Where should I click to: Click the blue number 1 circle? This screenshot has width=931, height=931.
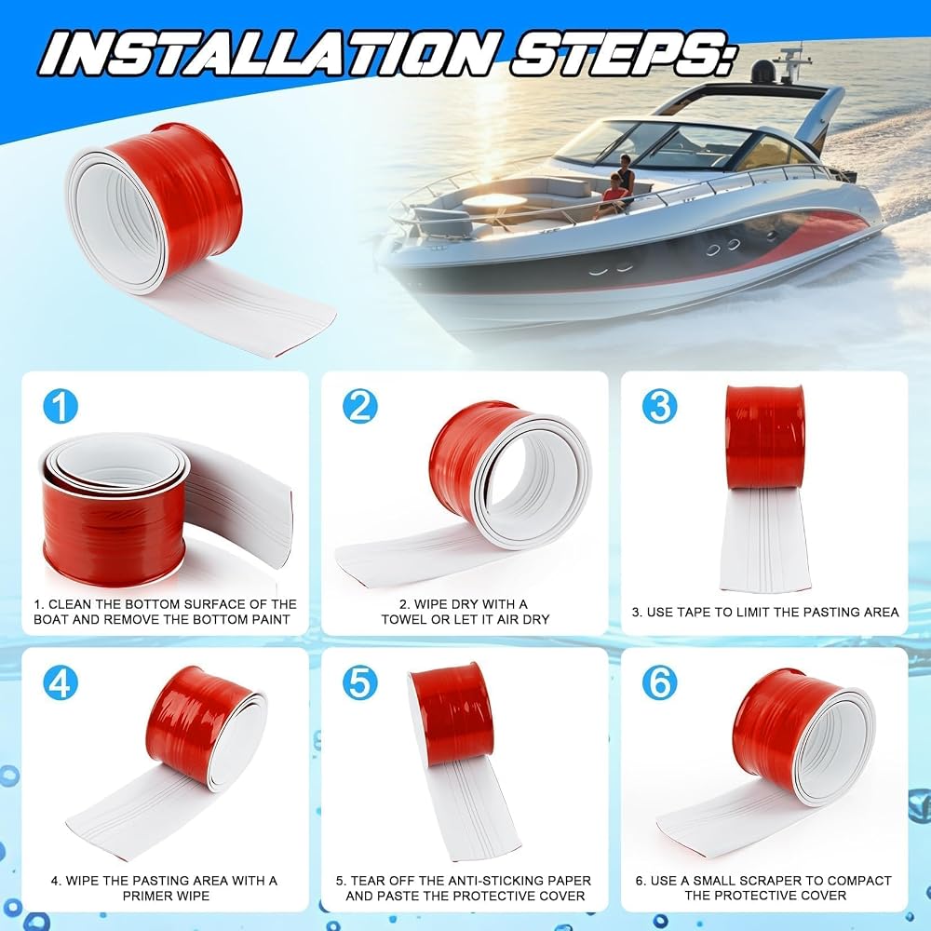coord(61,406)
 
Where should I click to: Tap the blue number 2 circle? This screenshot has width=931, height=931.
coord(359,406)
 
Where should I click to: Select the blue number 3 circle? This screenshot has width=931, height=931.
coord(659,406)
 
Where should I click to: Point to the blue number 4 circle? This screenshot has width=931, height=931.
coord(61,682)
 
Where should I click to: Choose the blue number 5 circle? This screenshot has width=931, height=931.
coord(359,682)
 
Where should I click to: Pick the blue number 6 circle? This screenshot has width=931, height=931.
coord(659,682)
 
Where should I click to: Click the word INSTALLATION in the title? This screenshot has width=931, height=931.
coord(268,53)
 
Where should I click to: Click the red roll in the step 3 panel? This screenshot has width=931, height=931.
coord(764,438)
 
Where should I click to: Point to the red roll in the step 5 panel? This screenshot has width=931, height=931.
coord(452,715)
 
